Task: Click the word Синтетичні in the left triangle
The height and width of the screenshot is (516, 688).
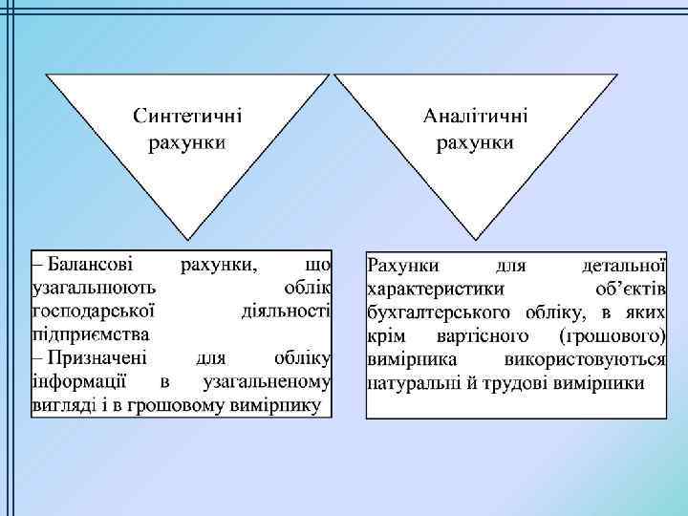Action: click(187, 116)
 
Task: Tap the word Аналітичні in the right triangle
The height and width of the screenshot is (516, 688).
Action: click(474, 116)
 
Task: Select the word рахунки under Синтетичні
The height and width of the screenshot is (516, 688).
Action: click(187, 144)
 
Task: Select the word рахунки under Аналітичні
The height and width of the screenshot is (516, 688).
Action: click(474, 143)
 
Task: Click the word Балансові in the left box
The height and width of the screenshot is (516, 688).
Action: click(90, 262)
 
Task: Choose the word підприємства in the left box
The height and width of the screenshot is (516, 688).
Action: click(90, 333)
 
